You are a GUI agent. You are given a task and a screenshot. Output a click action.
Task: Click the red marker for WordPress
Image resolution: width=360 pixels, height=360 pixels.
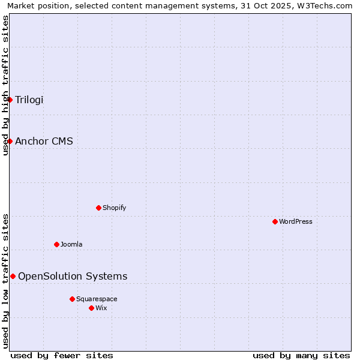tap(275, 221)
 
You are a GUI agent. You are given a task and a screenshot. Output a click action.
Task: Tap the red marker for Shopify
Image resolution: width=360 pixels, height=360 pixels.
tap(98, 208)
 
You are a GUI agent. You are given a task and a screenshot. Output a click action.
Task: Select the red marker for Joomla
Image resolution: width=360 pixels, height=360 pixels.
tap(56, 244)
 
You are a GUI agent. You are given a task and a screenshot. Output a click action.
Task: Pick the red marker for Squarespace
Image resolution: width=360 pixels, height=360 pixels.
tap(72, 299)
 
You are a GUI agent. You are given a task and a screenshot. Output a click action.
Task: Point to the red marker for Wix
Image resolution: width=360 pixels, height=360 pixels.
tap(91, 308)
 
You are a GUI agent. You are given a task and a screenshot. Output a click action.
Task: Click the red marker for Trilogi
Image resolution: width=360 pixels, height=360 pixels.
tap(10, 100)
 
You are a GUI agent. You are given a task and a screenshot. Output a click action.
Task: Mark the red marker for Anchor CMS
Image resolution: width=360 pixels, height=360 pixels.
tap(10, 141)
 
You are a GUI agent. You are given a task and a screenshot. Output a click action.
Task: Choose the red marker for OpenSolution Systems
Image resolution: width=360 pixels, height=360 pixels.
tap(13, 276)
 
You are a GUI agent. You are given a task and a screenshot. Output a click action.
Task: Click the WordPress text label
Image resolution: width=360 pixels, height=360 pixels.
tap(296, 221)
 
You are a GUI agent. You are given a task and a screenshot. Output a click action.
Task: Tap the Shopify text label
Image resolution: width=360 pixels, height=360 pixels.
tap(114, 208)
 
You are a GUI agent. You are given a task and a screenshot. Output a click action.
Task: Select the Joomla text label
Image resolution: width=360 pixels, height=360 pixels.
tap(71, 244)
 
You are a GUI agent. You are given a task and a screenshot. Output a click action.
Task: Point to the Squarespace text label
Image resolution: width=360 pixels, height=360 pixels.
tap(97, 299)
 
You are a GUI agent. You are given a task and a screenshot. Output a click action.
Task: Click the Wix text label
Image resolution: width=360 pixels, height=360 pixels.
tap(101, 308)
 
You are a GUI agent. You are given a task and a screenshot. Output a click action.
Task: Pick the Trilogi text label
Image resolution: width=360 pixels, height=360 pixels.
tap(29, 100)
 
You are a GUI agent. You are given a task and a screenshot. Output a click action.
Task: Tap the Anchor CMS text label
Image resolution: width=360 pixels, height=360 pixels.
tap(44, 142)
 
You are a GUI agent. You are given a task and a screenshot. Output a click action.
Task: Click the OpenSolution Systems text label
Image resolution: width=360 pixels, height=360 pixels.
tap(73, 276)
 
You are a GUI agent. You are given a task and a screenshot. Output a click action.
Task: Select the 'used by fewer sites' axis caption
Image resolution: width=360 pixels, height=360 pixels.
tap(62, 355)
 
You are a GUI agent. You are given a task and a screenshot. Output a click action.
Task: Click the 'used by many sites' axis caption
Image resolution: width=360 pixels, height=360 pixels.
tap(301, 355)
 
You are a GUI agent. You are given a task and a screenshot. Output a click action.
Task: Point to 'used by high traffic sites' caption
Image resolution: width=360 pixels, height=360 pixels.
tap(5, 85)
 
